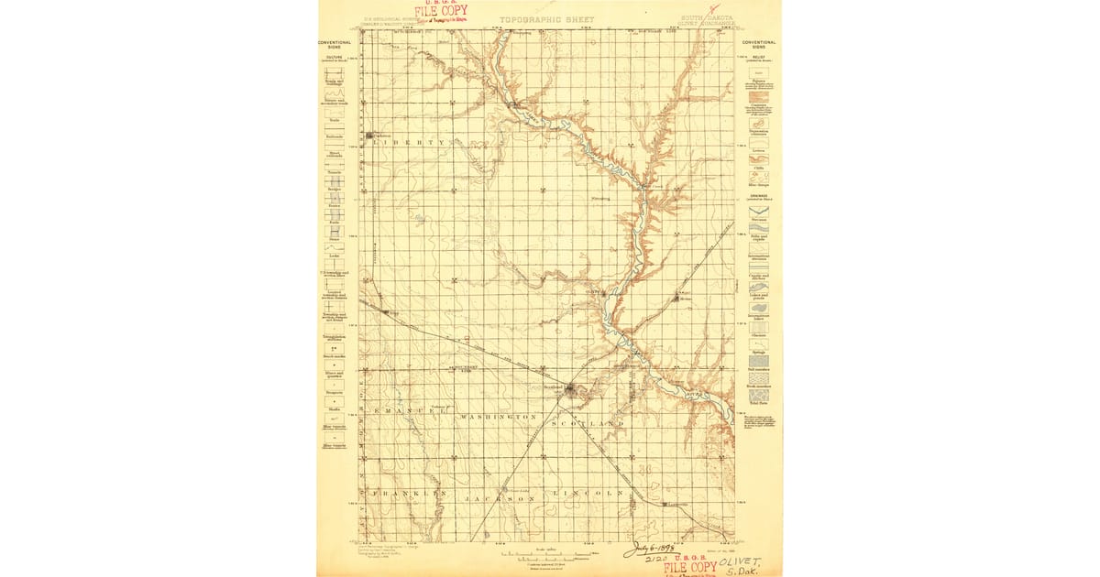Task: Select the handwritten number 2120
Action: [655, 560]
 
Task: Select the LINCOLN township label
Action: [589, 493]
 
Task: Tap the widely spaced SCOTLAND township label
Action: [588, 424]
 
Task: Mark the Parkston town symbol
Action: [370, 136]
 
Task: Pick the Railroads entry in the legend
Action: [334, 136]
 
